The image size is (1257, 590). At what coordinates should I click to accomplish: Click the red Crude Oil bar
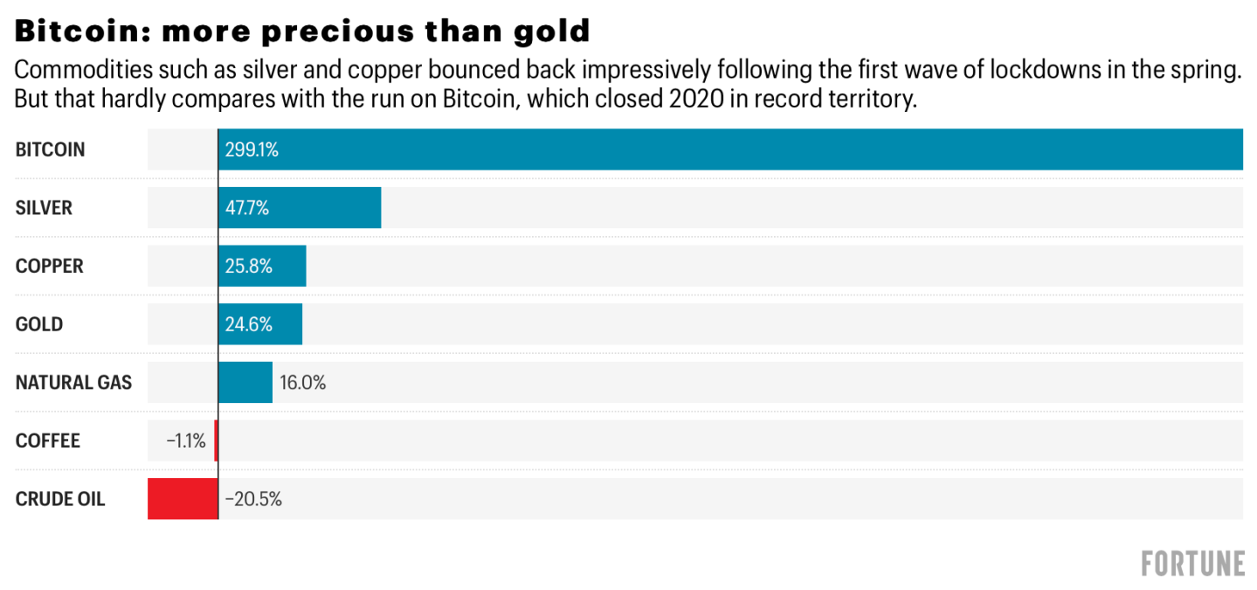point(183,499)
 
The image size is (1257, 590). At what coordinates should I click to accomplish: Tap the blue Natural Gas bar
point(245,383)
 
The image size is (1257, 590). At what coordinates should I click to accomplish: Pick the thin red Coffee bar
point(216,441)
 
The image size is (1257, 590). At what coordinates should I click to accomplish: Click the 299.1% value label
point(252,150)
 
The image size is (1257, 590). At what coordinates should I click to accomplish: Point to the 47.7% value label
point(247,208)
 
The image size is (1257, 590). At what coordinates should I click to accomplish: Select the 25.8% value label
point(249,267)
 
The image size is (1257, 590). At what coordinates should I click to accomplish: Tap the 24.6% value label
point(249,324)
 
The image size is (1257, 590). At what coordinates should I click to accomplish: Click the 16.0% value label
point(302,383)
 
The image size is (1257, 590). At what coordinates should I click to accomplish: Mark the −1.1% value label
point(186,441)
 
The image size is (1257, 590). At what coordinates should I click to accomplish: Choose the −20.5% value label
point(253,499)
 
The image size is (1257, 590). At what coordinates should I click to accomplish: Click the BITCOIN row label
point(51,150)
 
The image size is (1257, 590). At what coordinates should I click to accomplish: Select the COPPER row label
point(50,267)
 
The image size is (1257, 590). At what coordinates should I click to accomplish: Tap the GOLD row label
point(39,324)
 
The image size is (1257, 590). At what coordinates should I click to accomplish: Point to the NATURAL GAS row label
point(74,383)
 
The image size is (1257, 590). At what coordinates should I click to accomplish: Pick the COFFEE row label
point(48,441)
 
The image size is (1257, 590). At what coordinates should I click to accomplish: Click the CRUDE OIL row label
point(60,499)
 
